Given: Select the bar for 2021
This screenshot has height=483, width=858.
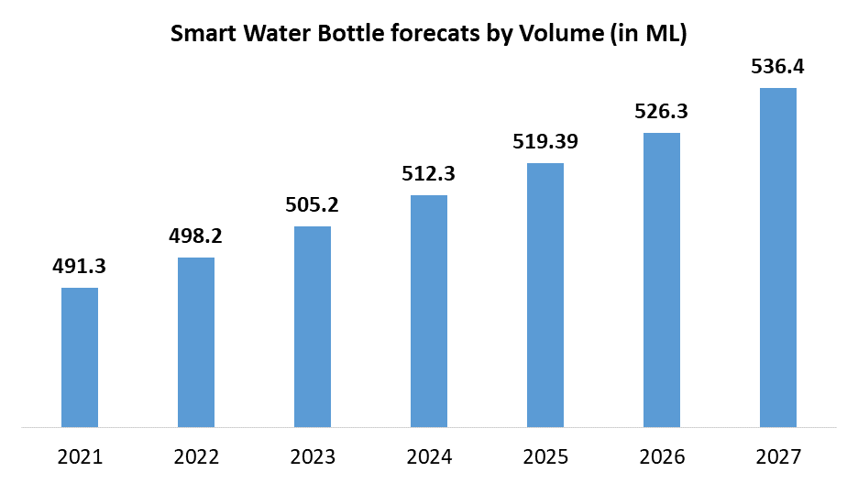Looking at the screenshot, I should click(x=80, y=357).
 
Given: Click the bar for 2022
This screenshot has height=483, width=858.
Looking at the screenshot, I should click(x=196, y=342).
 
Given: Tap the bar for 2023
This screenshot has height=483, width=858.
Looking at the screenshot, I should click(x=313, y=326).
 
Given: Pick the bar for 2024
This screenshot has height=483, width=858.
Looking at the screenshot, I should click(x=429, y=311).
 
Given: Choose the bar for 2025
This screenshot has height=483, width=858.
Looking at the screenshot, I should click(x=545, y=295).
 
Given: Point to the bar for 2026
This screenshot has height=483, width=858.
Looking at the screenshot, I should click(x=662, y=280).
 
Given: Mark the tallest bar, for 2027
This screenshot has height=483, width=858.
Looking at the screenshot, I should click(x=778, y=258).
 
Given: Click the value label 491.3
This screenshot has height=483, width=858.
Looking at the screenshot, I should click(x=80, y=267).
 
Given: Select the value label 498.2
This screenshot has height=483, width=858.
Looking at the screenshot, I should click(x=196, y=236).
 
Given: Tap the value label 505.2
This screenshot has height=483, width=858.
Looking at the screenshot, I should click(x=313, y=205).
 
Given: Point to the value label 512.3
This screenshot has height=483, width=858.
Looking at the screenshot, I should click(x=429, y=174).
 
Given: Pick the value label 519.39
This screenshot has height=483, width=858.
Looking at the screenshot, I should click(x=545, y=142).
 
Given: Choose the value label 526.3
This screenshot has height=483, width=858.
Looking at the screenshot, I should click(x=662, y=112).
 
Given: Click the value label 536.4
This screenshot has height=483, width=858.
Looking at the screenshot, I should click(x=778, y=67).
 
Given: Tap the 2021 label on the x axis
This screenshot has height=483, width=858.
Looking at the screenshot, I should click(x=80, y=456).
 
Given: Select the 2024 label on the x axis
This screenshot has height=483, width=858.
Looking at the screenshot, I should click(x=429, y=456).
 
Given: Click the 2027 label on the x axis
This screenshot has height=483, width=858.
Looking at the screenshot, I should click(x=778, y=456).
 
